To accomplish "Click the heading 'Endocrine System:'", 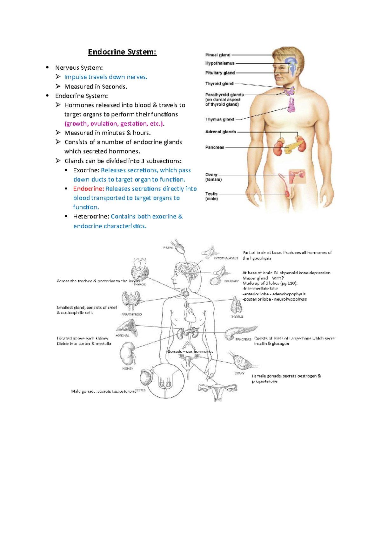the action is coord(122,52).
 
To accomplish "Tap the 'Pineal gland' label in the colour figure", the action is coord(218,55).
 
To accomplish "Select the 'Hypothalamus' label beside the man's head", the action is coord(220,63).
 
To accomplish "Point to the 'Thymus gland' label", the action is coord(220,119).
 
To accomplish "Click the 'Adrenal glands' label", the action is coord(221,132).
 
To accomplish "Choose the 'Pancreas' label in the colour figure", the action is coord(215,147).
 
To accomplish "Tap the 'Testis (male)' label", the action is coord(211,196).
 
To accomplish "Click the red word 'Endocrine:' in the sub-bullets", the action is coord(89,189).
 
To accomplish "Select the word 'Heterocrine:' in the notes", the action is coord(91,216).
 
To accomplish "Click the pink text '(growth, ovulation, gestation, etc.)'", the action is coord(114,123).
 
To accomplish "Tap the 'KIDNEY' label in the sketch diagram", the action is coord(128,369).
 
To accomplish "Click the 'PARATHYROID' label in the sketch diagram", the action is coord(131,314).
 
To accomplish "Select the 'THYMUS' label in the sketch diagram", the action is coord(237,317).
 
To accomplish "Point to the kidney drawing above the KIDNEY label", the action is coord(128,353).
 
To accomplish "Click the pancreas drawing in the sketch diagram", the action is coord(240,332).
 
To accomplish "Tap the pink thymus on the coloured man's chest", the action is coord(291,105).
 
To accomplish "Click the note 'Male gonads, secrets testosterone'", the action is coord(104,391).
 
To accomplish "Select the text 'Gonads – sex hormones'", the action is coord(190,351).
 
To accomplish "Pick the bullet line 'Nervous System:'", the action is coord(79,68).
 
